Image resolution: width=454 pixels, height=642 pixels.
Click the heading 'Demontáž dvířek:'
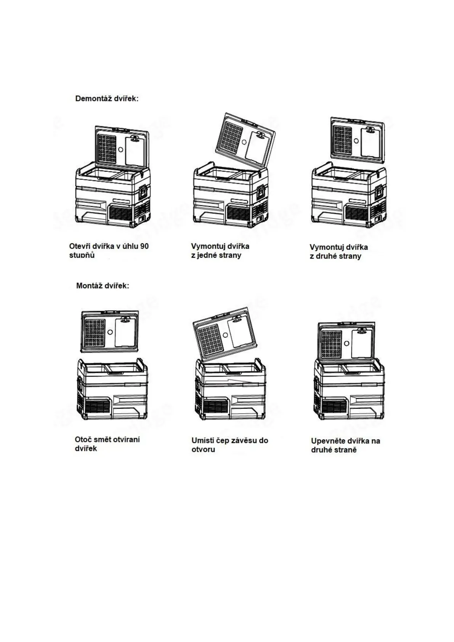pyautogui.click(x=107, y=99)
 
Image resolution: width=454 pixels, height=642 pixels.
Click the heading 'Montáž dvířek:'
pyautogui.click(x=103, y=286)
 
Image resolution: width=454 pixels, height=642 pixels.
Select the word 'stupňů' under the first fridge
pyautogui.click(x=82, y=255)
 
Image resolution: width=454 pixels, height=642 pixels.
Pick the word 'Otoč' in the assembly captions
pyautogui.click(x=83, y=440)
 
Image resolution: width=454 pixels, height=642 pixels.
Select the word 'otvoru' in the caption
pyautogui.click(x=203, y=450)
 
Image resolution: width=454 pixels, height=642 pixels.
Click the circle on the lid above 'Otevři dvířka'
pyautogui.click(x=120, y=150)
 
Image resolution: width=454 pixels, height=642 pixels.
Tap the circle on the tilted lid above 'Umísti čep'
pyautogui.click(x=225, y=335)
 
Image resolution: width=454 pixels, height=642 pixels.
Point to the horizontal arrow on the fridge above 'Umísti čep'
pyautogui.click(x=229, y=381)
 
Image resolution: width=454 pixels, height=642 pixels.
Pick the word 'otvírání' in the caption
pyautogui.click(x=125, y=440)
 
